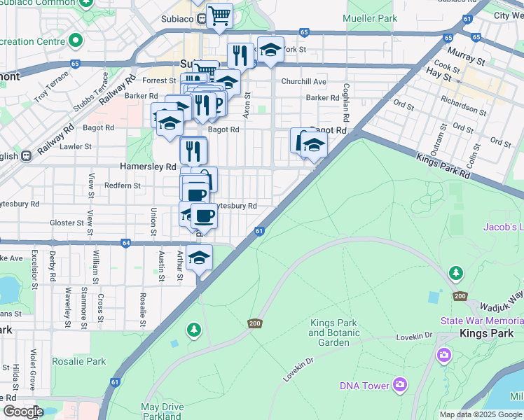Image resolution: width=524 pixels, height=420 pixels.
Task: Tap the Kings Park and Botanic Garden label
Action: [x=333, y=332]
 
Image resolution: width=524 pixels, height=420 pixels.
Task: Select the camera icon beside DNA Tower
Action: [x=400, y=384]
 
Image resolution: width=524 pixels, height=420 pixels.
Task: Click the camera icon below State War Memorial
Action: [x=443, y=356]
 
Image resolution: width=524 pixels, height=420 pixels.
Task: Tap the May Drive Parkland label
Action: [x=162, y=412]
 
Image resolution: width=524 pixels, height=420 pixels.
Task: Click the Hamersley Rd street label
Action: [x=148, y=167]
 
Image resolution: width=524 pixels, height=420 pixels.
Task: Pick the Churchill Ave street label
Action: [x=303, y=82]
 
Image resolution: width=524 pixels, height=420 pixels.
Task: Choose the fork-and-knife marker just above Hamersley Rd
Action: [x=193, y=149]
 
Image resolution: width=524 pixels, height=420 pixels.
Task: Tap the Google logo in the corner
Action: [x=22, y=412]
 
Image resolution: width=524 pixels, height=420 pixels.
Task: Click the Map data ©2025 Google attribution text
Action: [x=481, y=414]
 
